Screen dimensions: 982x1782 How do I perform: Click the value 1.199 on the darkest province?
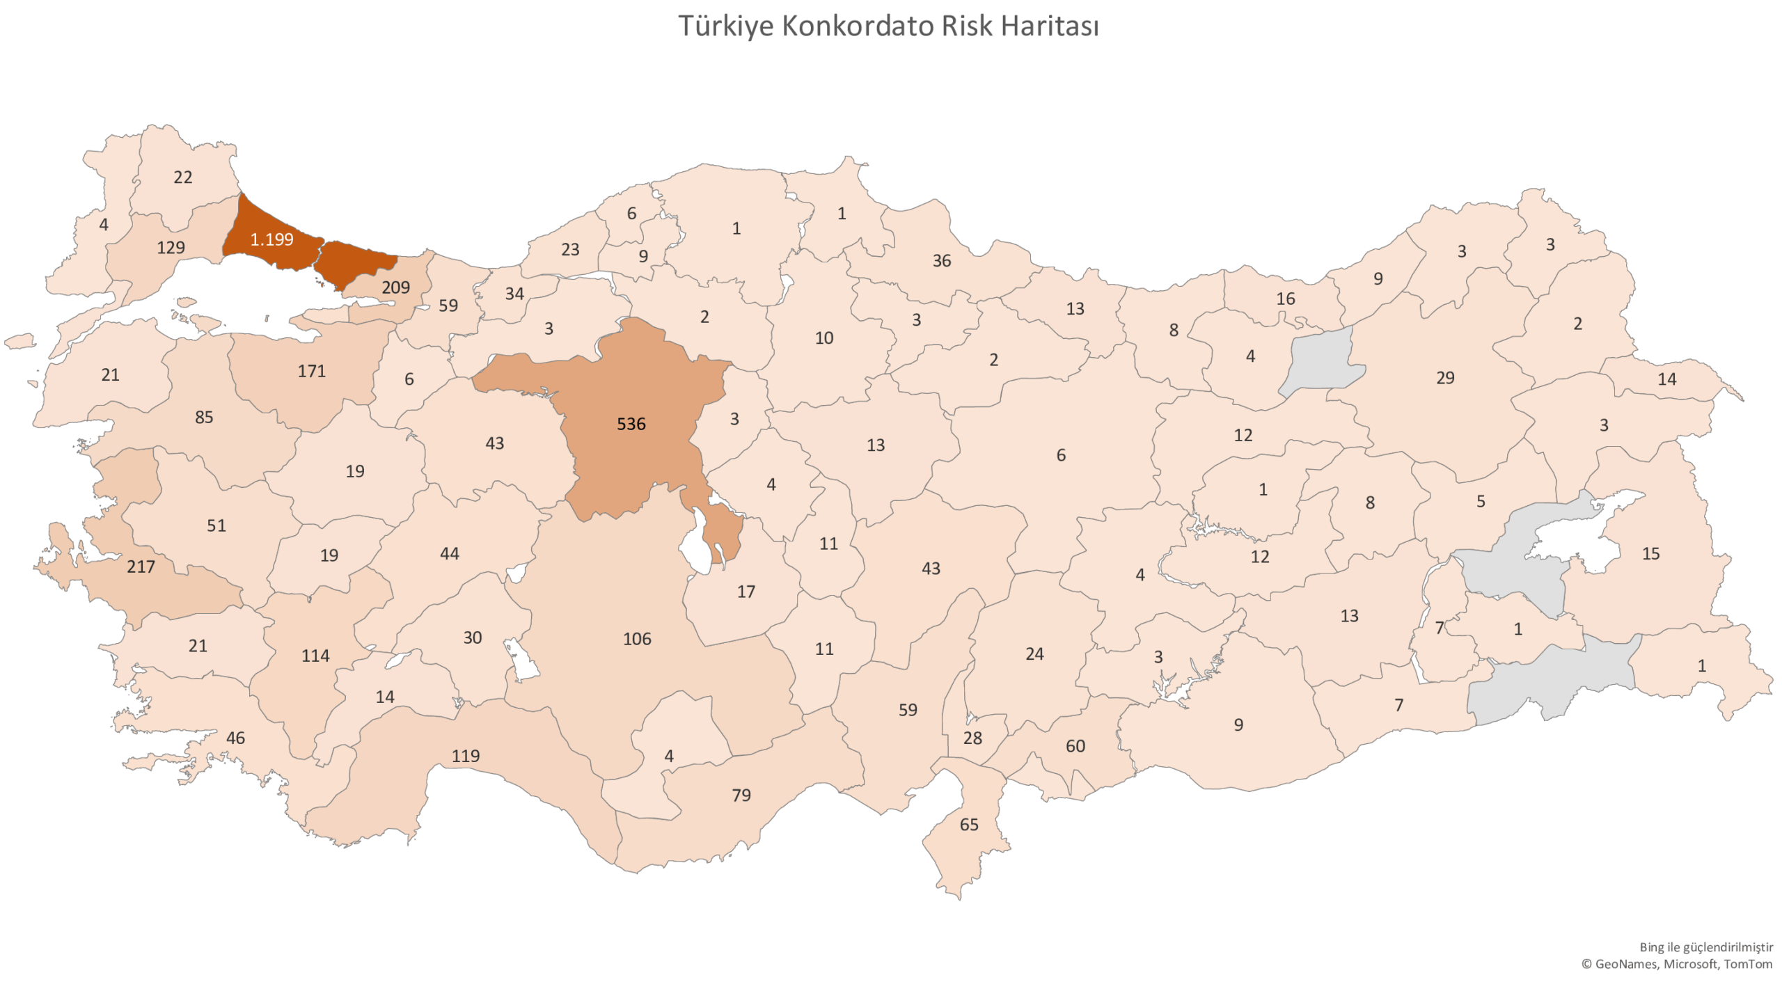tap(271, 239)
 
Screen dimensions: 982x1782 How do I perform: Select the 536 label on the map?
tap(631, 424)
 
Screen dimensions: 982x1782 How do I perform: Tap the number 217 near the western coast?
tap(141, 567)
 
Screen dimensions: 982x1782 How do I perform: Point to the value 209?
tap(395, 287)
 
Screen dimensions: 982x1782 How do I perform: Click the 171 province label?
tap(311, 371)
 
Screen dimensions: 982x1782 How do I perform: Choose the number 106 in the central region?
tap(636, 639)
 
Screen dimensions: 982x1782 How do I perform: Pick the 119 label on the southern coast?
tap(465, 756)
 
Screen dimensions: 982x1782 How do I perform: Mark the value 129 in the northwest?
tap(171, 247)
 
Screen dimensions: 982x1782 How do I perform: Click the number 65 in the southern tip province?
tap(968, 825)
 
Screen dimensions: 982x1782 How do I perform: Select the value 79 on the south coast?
tap(741, 795)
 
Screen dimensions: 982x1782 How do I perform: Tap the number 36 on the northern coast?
tap(941, 260)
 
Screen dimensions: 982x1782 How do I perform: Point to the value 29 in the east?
tap(1444, 377)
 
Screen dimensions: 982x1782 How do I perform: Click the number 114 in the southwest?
tap(315, 656)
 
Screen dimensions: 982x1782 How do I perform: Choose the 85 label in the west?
tap(203, 417)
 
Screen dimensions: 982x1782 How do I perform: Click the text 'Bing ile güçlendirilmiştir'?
tap(1706, 947)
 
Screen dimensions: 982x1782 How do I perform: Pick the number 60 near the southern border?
tap(1075, 746)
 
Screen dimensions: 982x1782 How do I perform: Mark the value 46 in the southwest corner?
tap(235, 738)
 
